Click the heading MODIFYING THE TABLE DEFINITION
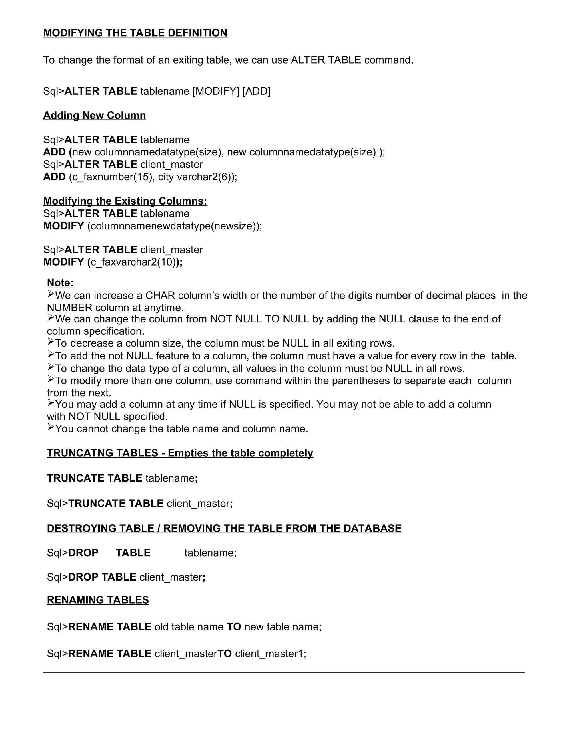[135, 33]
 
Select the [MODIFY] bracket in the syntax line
[216, 91]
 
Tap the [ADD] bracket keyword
[256, 91]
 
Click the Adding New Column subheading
[94, 115]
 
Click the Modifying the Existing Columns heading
[125, 201]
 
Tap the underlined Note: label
[60, 283]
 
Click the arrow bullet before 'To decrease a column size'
[51, 342]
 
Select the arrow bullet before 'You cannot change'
[51, 428]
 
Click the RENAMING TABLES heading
[98, 600]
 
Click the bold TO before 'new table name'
[234, 627]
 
